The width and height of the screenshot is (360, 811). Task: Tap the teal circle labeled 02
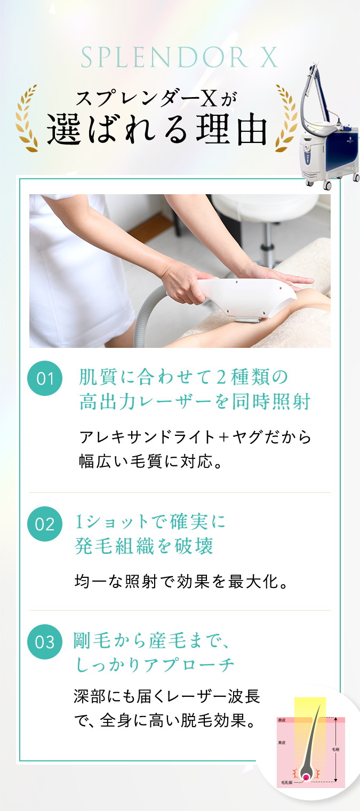point(45,524)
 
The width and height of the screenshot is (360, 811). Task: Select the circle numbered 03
point(45,641)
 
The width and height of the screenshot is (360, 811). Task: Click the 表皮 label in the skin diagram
point(282,720)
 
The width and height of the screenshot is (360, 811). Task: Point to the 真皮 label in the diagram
point(282,742)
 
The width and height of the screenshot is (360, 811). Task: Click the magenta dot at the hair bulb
point(306,777)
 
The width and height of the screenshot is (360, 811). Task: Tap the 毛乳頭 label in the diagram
point(286,783)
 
